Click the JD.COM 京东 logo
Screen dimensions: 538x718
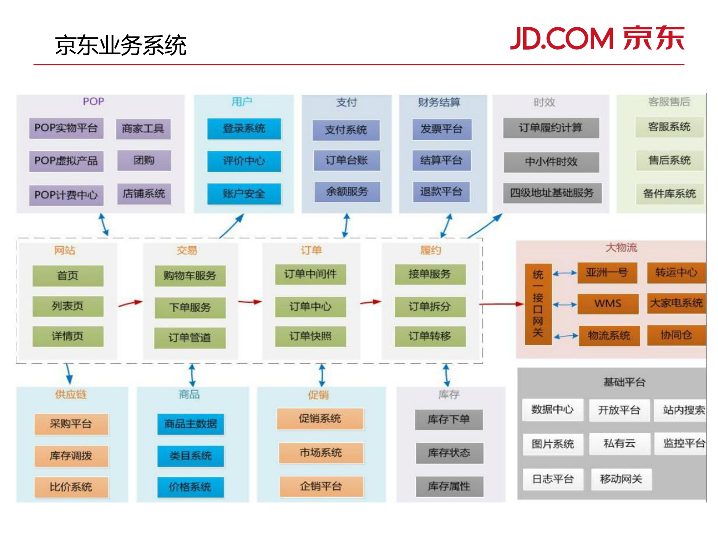(597, 38)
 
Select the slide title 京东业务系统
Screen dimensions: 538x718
(120, 46)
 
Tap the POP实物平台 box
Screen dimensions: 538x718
(66, 128)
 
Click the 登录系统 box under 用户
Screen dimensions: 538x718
(244, 129)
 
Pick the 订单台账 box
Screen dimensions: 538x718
(346, 160)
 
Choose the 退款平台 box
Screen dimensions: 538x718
(441, 192)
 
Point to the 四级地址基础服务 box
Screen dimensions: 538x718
(552, 193)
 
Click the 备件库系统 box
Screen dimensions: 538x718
(669, 194)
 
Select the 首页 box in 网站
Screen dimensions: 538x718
(68, 276)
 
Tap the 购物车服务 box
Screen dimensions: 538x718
(190, 276)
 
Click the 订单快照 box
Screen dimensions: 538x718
(310, 336)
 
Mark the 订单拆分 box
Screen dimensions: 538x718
(430, 307)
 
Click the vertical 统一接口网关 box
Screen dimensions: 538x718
(538, 304)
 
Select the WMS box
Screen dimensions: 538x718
(608, 304)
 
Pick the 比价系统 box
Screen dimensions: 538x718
(71, 487)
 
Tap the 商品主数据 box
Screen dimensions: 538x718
(190, 424)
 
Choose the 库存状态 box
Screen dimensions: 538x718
(449, 453)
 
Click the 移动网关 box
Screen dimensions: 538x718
(621, 479)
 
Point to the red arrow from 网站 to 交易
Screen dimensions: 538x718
(130, 304)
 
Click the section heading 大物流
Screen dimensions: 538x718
(621, 248)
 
